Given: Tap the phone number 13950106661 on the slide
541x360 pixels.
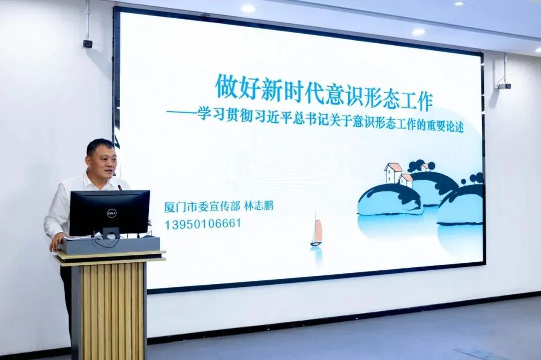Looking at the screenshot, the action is coord(202,224).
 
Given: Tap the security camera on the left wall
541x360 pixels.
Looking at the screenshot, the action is coord(88,44).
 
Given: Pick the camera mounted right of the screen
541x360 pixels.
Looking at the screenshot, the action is coord(504,85).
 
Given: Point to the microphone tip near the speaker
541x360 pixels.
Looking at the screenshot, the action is coord(120,187).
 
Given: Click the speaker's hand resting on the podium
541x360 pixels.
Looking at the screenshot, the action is coord(57,242).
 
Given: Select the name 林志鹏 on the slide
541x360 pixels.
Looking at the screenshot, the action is coord(258,207).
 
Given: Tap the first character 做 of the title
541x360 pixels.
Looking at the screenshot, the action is coord(227,88).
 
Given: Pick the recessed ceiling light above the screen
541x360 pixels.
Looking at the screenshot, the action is coord(418,32).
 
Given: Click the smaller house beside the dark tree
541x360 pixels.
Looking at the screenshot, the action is coord(406,180).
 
